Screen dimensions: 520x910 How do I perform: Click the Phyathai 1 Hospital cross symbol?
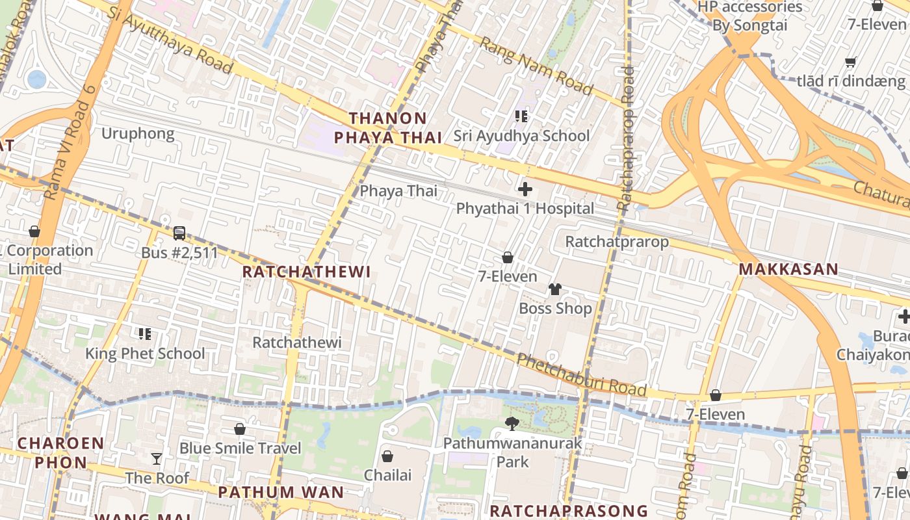point(525,189)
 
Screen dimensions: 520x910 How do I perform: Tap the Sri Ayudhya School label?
point(521,136)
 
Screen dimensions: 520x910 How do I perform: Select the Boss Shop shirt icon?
point(554,289)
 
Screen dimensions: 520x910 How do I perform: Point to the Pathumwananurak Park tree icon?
point(512,424)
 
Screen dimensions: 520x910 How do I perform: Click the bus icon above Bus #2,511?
point(179,233)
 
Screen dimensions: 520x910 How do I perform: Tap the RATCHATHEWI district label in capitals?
point(306,272)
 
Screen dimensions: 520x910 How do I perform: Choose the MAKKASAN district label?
point(788,269)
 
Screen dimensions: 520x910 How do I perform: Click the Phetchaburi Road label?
point(582,376)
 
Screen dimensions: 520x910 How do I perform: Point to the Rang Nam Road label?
point(537,65)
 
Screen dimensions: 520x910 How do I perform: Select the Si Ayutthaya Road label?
point(170,40)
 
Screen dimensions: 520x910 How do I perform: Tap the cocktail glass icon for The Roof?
point(157,459)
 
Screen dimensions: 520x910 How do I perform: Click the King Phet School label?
point(145,354)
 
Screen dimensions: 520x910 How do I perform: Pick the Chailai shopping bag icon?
point(387,456)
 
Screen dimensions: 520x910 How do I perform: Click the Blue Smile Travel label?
point(240,448)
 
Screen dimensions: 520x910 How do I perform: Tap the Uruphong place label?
point(138,134)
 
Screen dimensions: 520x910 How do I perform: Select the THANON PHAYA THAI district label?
point(387,128)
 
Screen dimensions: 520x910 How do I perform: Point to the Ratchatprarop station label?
point(616,242)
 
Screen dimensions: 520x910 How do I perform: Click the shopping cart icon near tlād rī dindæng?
point(850,62)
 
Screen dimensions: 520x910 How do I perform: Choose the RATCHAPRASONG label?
point(568,510)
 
